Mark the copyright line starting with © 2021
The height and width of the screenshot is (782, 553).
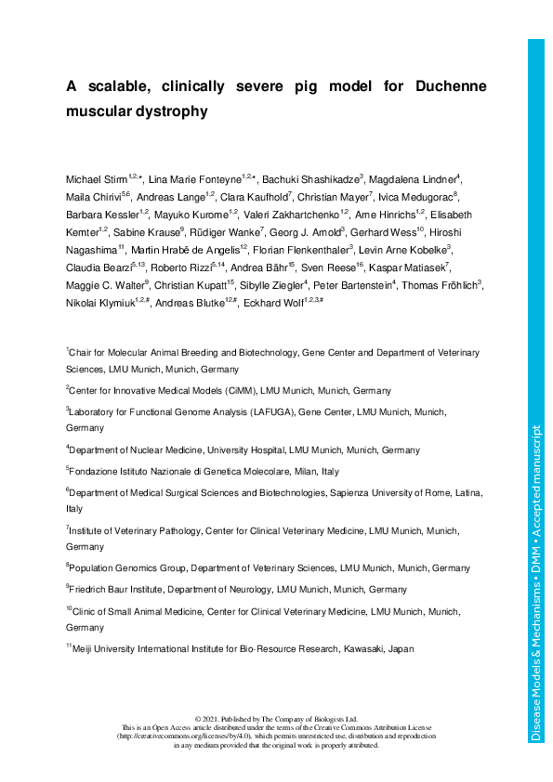277,720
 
